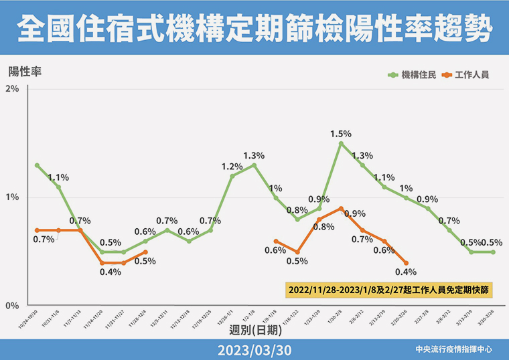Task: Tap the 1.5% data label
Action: coord(341,134)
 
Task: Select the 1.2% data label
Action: coord(232,167)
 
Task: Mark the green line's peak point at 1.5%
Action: coord(341,143)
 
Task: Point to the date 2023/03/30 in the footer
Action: coord(254,349)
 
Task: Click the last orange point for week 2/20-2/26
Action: coord(406,263)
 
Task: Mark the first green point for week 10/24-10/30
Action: coord(37,165)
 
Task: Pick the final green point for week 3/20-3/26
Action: coord(493,252)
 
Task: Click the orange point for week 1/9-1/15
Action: coord(276,242)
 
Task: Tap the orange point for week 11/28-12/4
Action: coord(145,252)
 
